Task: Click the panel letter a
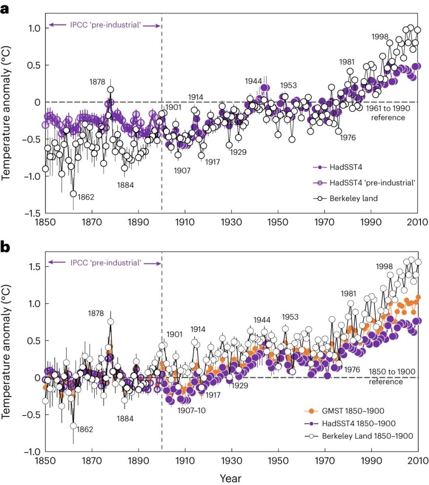point(5,8)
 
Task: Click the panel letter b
point(6,247)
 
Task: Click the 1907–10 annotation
point(191,410)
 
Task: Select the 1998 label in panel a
point(380,36)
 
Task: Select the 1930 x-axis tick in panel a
point(232,221)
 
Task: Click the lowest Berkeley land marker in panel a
point(73,193)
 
